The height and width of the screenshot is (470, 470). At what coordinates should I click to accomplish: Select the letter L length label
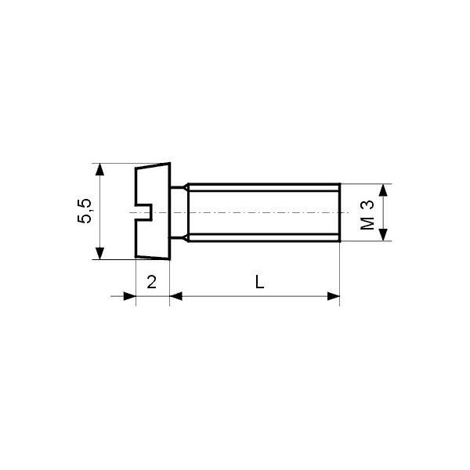click(x=259, y=283)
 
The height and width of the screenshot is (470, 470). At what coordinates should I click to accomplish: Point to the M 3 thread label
click(x=367, y=213)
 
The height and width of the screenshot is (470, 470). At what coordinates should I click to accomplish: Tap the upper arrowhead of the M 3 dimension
click(x=383, y=190)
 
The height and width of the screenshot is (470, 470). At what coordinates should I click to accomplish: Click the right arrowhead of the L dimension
click(x=333, y=296)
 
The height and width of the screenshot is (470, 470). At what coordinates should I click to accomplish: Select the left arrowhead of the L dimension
click(x=176, y=296)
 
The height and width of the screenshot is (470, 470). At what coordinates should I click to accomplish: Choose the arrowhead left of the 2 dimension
click(x=129, y=296)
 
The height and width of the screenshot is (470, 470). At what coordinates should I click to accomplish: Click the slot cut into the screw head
click(x=143, y=212)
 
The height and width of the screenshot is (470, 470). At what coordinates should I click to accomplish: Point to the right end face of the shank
click(x=338, y=212)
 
